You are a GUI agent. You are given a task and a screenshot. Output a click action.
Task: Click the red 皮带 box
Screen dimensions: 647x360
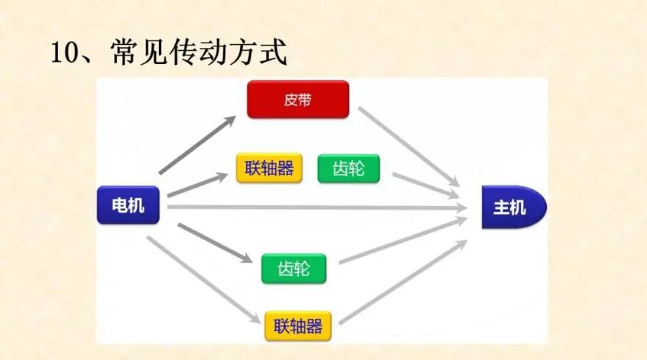[298, 99]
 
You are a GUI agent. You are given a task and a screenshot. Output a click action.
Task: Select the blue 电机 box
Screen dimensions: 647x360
[128, 205]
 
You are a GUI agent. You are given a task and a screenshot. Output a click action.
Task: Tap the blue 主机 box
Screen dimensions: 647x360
[514, 207]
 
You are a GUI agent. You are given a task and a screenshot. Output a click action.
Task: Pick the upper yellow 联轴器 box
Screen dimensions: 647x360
[269, 168]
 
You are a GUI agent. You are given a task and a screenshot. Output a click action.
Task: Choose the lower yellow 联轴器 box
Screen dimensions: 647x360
[298, 325]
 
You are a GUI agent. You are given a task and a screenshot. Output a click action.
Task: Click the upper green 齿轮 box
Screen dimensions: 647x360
[349, 169]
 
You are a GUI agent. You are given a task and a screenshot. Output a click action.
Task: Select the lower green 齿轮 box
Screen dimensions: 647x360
[294, 269]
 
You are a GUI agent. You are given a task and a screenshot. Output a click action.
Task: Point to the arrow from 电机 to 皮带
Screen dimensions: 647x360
[197, 144]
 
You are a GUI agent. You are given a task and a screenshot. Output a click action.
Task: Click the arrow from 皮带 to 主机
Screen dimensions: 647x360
[409, 147]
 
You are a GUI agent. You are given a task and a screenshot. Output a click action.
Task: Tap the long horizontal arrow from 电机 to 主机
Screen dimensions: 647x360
[317, 208]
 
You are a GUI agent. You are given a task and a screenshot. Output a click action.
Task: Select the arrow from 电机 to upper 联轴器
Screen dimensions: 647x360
[198, 184]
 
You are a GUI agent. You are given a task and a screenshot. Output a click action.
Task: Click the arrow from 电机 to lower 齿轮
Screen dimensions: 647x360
[215, 243]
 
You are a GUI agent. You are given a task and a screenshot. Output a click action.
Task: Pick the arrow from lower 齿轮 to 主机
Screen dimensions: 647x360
[403, 240]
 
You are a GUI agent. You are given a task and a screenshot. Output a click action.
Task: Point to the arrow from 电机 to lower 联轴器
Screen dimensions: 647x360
[204, 280]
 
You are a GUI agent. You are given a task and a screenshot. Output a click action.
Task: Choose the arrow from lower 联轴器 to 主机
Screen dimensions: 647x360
[403, 282]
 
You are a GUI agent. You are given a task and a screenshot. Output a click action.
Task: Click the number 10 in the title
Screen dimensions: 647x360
[64, 52]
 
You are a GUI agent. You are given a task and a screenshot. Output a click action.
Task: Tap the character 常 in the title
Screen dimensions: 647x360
[124, 52]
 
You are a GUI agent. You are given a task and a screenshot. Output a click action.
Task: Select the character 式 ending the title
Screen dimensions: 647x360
[273, 52]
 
